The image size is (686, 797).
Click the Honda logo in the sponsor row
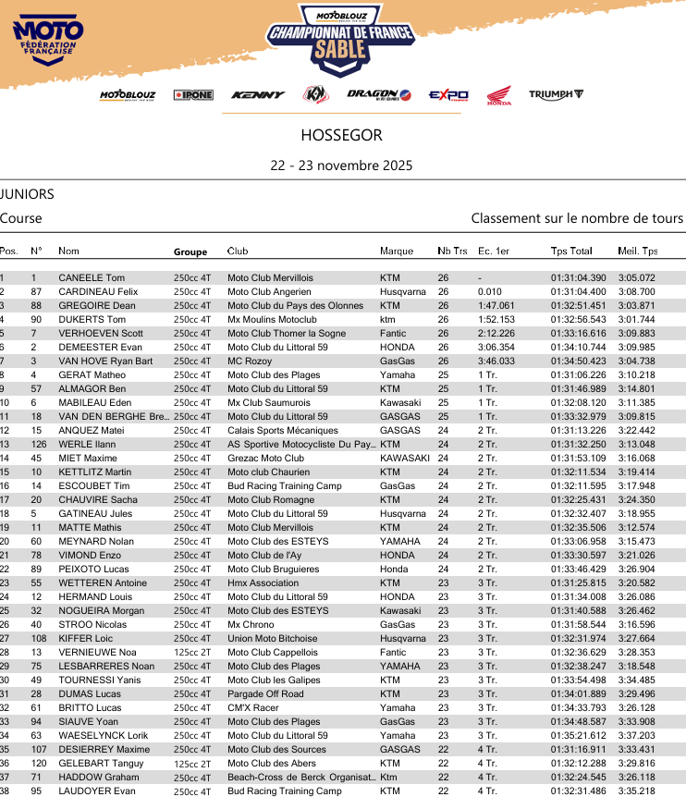coord(499,95)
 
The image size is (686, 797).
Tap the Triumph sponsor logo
coord(556,94)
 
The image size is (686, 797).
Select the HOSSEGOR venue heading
coord(341,135)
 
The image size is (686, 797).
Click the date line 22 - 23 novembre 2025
coord(341,166)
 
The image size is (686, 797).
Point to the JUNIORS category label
coord(27,194)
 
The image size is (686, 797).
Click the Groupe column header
coord(190,251)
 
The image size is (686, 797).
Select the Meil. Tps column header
coord(637,251)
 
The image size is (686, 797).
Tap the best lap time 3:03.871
coord(636,305)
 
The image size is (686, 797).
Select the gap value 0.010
coord(489,291)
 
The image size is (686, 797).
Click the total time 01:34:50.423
coord(578,361)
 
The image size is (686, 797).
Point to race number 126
coord(38,444)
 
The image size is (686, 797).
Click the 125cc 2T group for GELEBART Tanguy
coord(192,763)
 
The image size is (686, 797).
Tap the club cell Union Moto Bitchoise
coord(274,638)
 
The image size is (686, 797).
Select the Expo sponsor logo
coord(448,95)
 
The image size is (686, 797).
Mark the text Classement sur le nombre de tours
coord(577,218)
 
